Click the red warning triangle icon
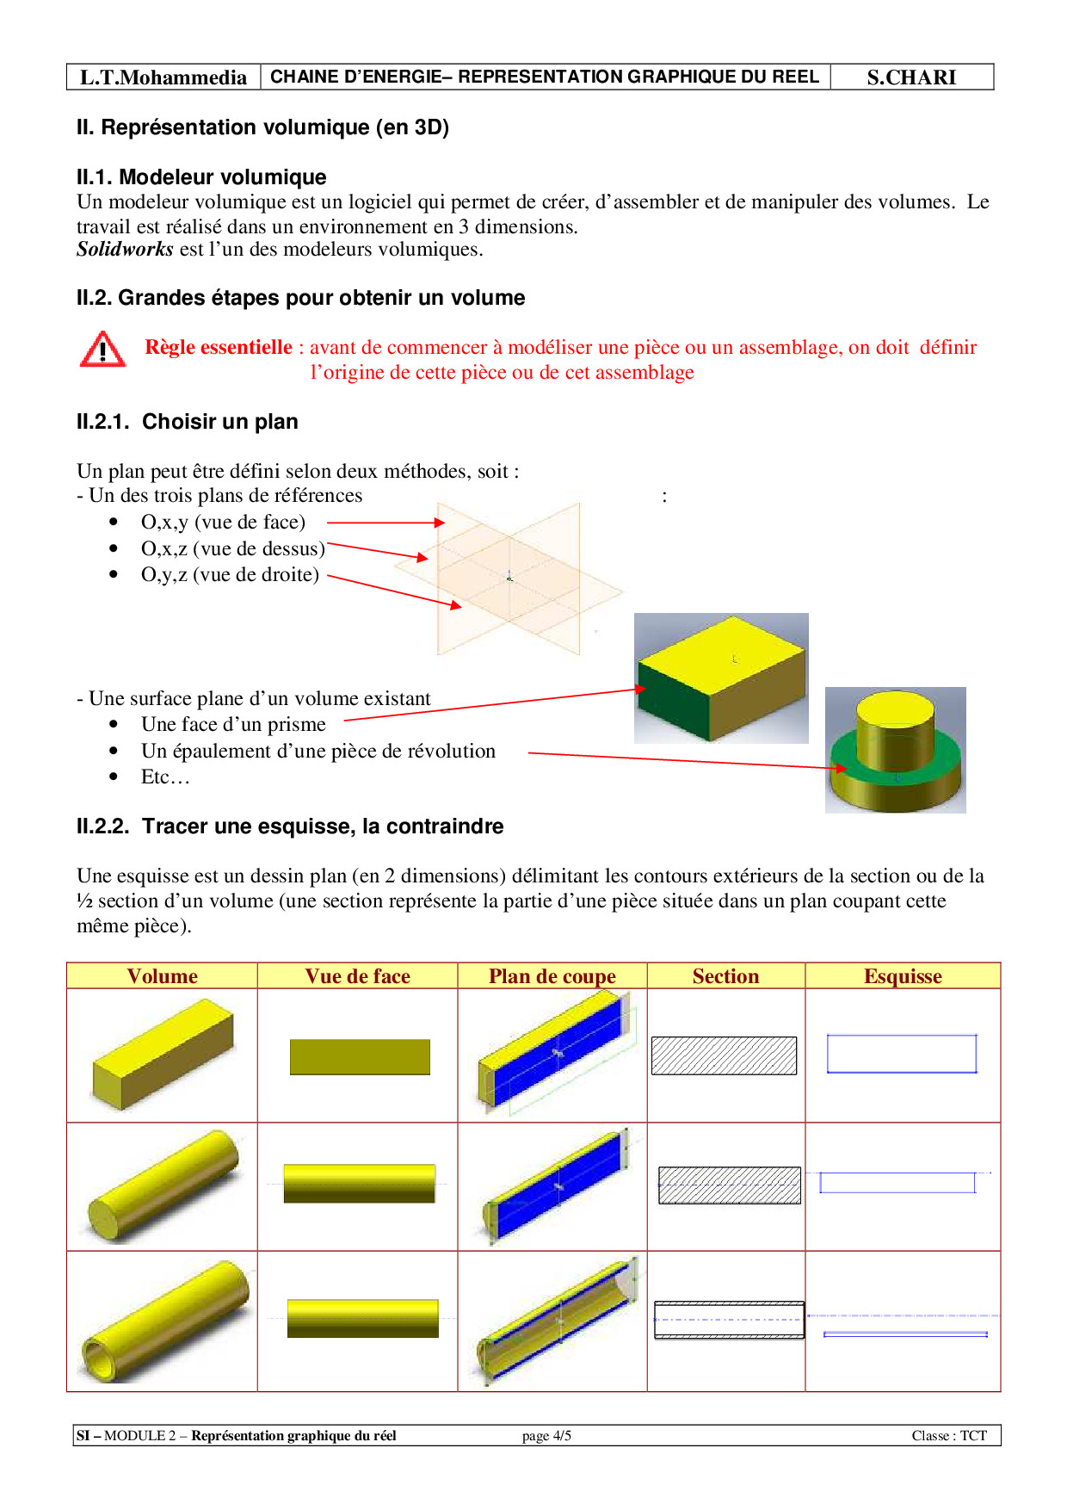point(102,350)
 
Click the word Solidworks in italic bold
point(125,250)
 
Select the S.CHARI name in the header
point(911,77)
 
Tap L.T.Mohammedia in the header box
point(163,77)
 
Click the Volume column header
point(162,976)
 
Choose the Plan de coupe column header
point(552,976)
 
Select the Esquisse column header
point(903,976)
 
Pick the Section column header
point(725,976)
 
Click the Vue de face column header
point(357,976)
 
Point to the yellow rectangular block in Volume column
point(163,1055)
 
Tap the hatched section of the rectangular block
point(724,1055)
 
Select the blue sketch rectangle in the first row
point(901,1054)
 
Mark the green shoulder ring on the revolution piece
point(943,758)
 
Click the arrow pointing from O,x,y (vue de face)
point(385,523)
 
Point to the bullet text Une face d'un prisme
point(233,725)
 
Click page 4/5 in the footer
point(546,1436)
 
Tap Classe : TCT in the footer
point(949,1436)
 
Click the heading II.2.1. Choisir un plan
point(187,422)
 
